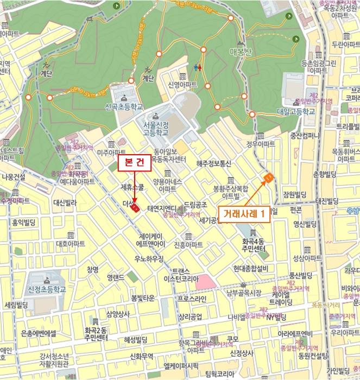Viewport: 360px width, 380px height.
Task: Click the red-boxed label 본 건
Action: (134, 162)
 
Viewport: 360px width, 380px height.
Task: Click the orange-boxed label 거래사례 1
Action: (244, 213)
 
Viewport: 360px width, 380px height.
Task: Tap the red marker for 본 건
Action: (136, 207)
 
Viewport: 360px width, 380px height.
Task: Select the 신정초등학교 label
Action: (47, 290)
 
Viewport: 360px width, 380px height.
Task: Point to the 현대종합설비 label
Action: (250, 268)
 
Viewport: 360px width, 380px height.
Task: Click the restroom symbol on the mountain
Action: (198, 68)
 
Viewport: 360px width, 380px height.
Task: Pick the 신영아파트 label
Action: (182, 85)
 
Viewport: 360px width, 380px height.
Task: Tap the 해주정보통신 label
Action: (213, 163)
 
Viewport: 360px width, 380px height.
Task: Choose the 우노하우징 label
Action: (149, 259)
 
